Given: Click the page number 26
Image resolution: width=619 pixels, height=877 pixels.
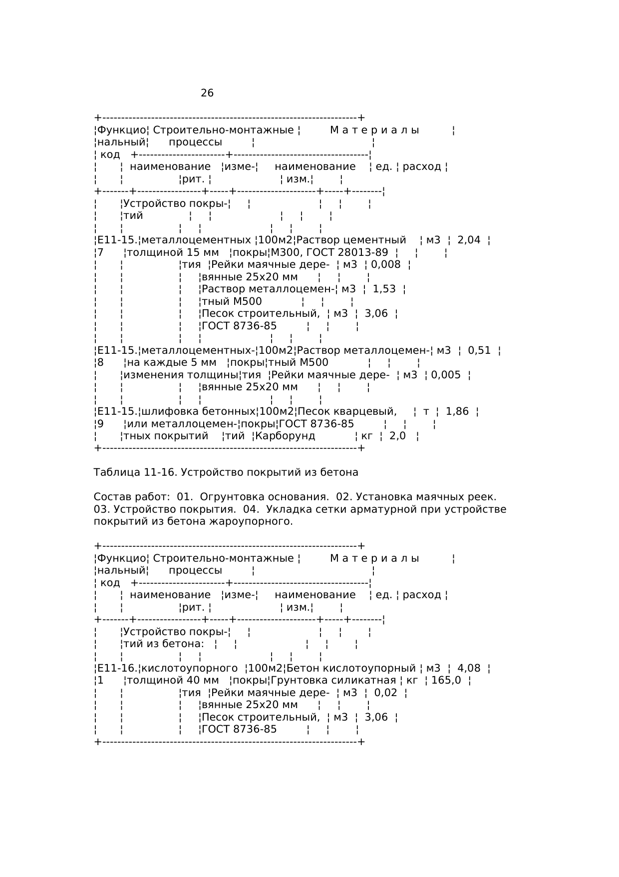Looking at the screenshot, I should [x=207, y=93].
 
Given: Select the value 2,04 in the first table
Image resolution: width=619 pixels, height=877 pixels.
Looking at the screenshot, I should [x=469, y=240].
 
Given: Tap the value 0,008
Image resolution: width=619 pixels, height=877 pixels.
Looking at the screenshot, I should [x=385, y=265].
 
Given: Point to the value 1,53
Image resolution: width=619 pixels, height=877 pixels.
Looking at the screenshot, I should [x=384, y=289].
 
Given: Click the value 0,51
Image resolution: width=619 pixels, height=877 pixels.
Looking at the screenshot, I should [x=479, y=350].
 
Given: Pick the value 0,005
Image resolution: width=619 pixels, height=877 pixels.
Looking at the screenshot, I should [x=446, y=375].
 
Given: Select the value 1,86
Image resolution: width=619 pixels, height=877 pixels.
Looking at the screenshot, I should [x=457, y=412].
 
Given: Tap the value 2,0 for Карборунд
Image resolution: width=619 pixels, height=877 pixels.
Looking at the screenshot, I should [x=397, y=436].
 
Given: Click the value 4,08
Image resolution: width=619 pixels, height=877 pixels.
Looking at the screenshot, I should [x=469, y=669].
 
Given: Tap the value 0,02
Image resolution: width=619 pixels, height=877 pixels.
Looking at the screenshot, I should [x=385, y=693].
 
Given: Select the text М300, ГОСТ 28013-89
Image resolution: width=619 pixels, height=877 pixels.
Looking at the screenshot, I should [x=329, y=253].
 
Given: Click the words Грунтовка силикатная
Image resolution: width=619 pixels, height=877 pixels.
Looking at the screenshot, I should [x=333, y=681].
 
